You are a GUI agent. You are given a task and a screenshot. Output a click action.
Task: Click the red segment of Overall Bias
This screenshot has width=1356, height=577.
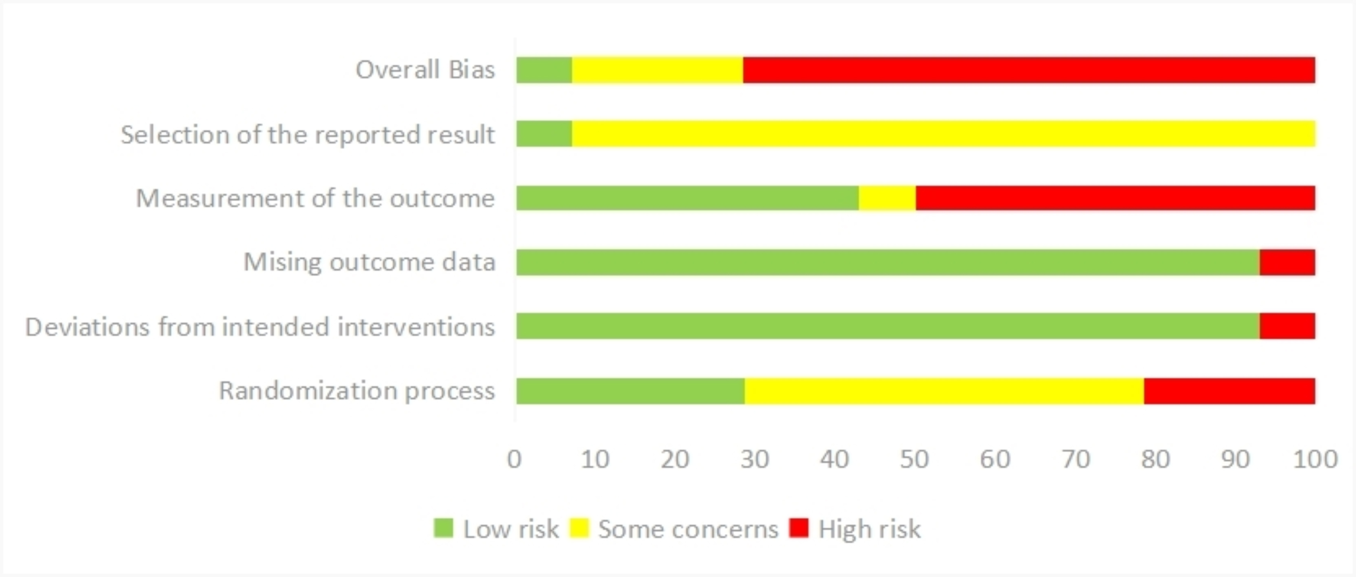(1029, 70)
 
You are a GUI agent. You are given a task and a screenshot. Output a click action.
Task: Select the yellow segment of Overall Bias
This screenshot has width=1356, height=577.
(657, 70)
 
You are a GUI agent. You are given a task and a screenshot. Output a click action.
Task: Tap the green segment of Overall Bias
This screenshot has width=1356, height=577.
(544, 70)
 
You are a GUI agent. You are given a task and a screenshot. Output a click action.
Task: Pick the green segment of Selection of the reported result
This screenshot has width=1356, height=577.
(544, 134)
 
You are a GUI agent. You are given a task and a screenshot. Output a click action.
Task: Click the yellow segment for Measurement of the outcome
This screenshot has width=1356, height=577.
(887, 198)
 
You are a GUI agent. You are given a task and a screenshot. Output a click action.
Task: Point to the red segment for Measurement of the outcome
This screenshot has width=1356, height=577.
(1115, 198)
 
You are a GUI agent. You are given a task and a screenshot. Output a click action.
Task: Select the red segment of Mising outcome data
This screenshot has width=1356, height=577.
(1287, 262)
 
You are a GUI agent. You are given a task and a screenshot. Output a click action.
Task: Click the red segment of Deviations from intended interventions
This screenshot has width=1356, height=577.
(1287, 326)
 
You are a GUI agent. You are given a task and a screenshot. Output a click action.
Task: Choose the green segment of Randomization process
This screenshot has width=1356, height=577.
(630, 391)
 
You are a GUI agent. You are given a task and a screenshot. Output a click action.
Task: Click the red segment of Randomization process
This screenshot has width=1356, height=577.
(1229, 391)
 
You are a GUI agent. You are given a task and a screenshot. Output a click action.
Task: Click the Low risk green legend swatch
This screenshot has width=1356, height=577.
(443, 528)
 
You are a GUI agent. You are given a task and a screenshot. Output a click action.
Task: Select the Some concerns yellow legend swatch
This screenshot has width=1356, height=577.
(579, 528)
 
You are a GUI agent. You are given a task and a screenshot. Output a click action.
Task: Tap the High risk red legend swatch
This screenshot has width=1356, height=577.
(799, 528)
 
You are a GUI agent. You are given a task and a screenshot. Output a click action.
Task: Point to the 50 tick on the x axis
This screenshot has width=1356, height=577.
(914, 460)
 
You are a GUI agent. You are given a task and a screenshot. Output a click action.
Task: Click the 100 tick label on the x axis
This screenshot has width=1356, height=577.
(1315, 460)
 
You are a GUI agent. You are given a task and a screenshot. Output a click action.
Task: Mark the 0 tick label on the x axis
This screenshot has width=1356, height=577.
(514, 460)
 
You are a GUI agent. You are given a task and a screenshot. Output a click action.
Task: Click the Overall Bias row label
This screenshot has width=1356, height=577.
(425, 70)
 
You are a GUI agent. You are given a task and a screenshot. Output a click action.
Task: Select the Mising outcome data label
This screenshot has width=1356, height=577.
(369, 262)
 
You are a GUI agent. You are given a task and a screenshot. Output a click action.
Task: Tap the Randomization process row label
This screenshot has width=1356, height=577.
(357, 391)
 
